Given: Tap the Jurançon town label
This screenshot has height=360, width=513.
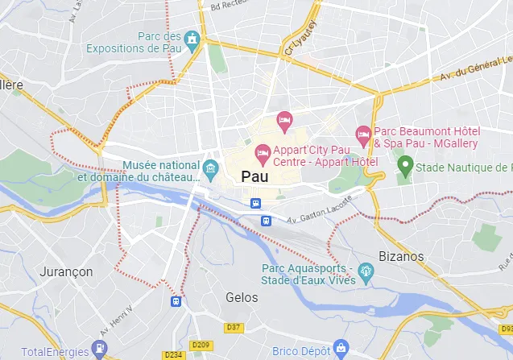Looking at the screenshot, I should coord(66,271).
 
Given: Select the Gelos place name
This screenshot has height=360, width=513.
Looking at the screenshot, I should coord(242,297).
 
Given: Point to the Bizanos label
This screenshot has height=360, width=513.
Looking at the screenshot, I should coord(400,255).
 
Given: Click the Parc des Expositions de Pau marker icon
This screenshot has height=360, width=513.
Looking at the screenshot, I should coord(192,38).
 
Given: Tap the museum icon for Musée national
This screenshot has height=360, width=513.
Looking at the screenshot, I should coord(211,168).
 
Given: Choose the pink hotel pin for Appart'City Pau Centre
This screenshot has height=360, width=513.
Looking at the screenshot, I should coord(263,152).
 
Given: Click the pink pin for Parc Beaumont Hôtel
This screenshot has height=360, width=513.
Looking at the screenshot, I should coord(363,133).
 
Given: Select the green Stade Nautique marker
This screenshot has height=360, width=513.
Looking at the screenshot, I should coord(407,167).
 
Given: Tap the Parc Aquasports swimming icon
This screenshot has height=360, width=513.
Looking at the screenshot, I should coord(366,274).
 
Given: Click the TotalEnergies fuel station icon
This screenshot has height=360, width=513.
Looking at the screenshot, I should coord(98,349).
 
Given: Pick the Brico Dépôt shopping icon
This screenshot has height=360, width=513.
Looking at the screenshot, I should coord(340,349).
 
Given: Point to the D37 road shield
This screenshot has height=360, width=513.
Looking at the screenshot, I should coord(234,327).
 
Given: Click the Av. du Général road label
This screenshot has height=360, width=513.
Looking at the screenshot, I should coord(474,72).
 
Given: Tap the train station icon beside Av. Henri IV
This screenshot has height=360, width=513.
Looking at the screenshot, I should coord(176,300).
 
